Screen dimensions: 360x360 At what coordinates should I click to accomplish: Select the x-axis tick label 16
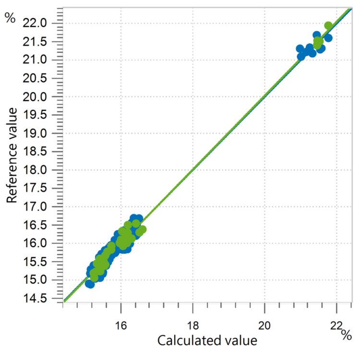(121, 324)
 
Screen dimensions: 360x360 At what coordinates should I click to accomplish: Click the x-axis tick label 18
(192, 324)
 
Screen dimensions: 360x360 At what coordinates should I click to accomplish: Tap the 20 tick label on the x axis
(264, 324)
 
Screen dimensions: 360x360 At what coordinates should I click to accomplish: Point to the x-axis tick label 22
(336, 324)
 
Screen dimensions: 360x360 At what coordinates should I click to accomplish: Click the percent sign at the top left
(10, 19)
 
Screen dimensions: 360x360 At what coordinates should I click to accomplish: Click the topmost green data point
(328, 25)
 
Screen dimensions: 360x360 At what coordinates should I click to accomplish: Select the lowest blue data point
(90, 284)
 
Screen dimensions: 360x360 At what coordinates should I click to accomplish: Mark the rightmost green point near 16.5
(142, 229)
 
